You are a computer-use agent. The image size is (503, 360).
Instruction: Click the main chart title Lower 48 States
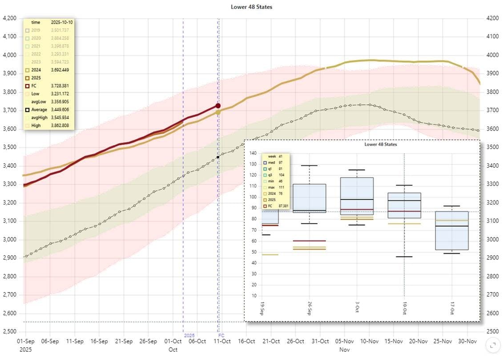[x=251, y=7]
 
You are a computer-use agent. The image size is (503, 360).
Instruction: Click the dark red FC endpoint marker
[x=218, y=106]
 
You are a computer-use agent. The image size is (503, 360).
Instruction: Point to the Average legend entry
[x=39, y=109]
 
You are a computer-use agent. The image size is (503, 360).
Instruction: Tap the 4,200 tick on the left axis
[x=10, y=19]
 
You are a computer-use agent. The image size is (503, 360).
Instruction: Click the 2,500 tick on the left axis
[x=10, y=332]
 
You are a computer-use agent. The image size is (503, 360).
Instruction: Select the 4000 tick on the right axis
[x=491, y=55]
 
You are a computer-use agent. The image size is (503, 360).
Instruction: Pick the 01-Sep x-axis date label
[x=25, y=341]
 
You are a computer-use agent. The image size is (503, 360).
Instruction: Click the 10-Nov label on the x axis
[x=369, y=341]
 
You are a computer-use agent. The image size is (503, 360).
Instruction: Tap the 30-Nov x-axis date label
[x=467, y=341]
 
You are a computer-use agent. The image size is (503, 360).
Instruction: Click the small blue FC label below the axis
[x=221, y=335]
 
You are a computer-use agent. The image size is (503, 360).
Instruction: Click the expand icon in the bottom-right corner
[x=492, y=344]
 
